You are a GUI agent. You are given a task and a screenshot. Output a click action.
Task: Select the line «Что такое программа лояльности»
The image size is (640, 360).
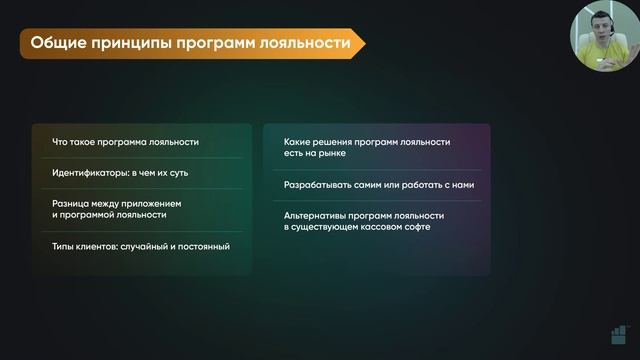125,142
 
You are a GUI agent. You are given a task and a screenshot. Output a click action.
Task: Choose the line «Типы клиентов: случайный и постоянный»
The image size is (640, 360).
134,245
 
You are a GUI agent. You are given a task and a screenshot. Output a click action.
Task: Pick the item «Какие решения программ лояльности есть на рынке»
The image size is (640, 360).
366,149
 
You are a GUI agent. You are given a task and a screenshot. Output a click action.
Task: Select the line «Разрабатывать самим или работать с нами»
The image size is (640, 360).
379,185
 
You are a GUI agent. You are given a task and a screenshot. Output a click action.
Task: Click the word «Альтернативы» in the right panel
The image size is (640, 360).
317,215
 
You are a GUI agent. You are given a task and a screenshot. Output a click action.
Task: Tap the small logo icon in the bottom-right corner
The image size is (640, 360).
621,335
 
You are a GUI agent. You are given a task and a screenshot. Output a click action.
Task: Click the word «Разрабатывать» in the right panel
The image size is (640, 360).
320,185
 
